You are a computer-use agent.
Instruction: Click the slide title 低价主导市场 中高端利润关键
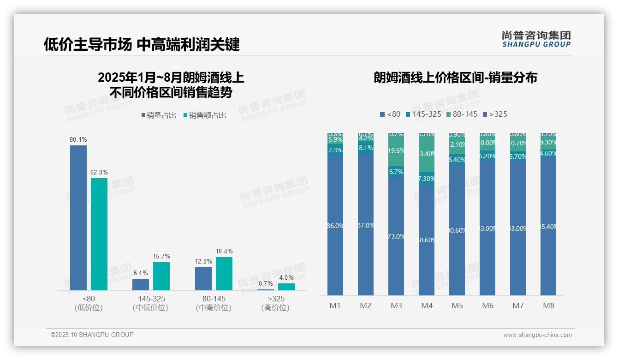[x=142, y=45]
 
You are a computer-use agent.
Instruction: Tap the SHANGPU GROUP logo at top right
[x=536, y=39]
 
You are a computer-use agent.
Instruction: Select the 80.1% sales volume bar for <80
[x=78, y=217]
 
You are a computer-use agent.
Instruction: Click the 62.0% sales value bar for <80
[x=99, y=234]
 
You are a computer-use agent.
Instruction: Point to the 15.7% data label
[x=161, y=256]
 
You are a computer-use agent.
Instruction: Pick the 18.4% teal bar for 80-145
[x=224, y=273]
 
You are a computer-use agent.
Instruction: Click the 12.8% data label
[x=203, y=261]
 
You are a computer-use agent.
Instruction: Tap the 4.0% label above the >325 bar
[x=286, y=277]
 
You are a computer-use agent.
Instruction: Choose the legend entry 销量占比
[x=158, y=115]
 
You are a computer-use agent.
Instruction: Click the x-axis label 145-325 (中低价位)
[x=150, y=303]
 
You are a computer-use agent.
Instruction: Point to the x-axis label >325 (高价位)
[x=276, y=303]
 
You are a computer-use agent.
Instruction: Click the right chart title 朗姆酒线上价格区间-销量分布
[x=455, y=78]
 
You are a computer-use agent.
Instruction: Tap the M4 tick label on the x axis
[x=427, y=306]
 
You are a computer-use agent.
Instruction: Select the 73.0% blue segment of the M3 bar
[x=396, y=236]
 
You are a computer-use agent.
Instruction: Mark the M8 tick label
[x=548, y=306]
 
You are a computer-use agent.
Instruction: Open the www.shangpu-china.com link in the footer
[x=537, y=335]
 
